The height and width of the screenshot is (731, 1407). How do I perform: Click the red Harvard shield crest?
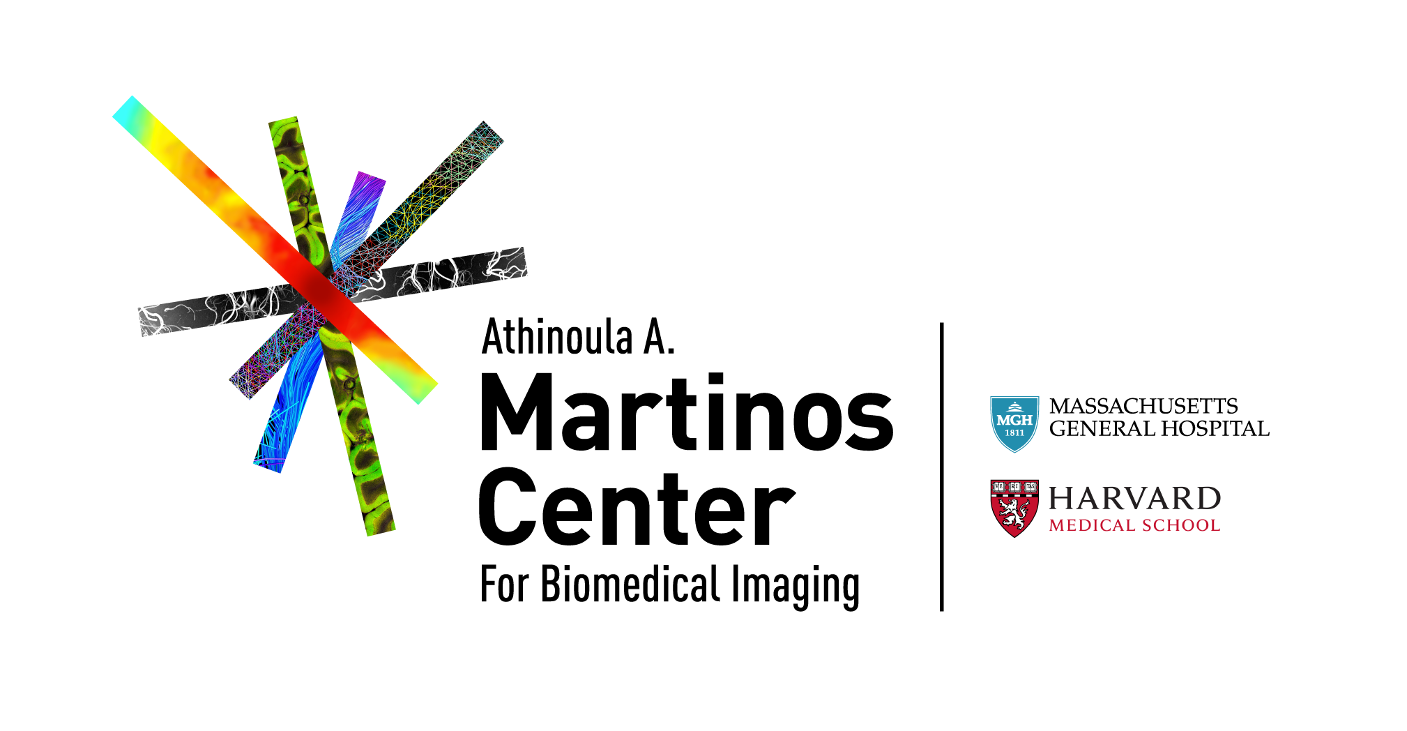pyautogui.click(x=1014, y=508)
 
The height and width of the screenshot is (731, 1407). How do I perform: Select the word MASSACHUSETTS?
pyautogui.click(x=1143, y=406)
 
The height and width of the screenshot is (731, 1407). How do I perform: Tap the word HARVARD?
pyautogui.click(x=1135, y=499)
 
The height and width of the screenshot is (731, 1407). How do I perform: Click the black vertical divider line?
pyautogui.click(x=941, y=467)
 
